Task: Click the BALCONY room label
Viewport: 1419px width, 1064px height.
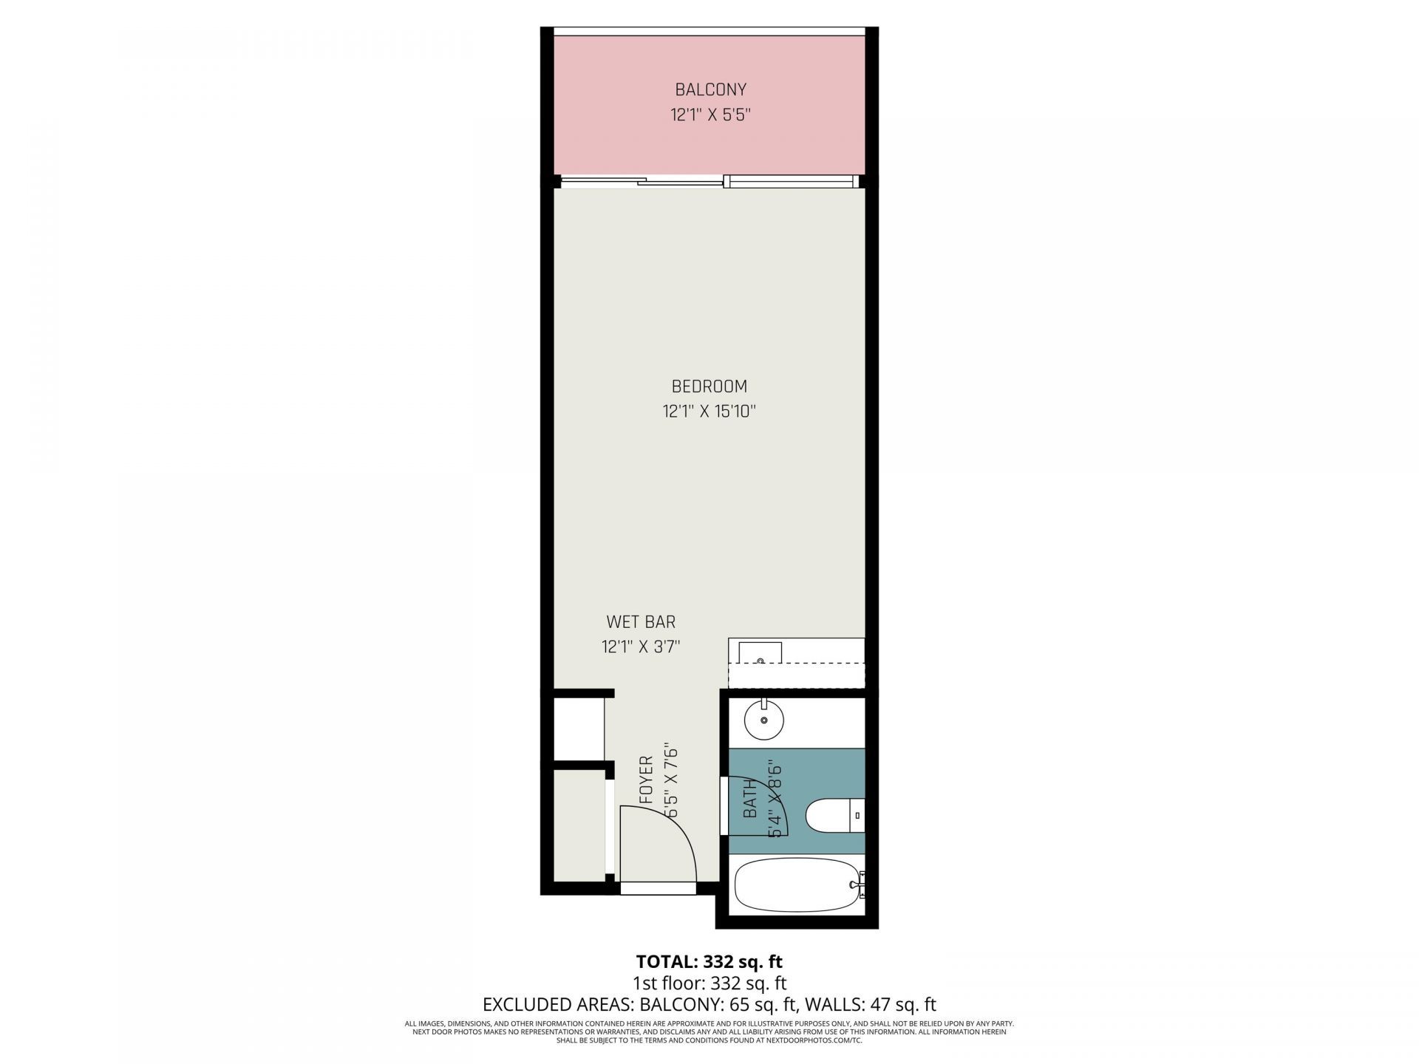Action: [710, 90]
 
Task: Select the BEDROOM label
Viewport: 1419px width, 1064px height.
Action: [709, 386]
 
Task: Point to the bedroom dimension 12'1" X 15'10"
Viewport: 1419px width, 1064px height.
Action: [709, 412]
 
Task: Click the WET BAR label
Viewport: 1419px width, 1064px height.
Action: [641, 622]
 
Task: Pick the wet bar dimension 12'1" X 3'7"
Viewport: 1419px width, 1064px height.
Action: [641, 647]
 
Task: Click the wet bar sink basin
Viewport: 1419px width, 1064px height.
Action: [760, 653]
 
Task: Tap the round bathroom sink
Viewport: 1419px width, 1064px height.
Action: [763, 720]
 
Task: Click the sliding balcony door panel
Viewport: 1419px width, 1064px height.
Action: [680, 183]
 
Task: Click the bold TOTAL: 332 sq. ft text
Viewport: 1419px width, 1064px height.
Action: [709, 961]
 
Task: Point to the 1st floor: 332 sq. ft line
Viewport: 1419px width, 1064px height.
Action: [709, 983]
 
